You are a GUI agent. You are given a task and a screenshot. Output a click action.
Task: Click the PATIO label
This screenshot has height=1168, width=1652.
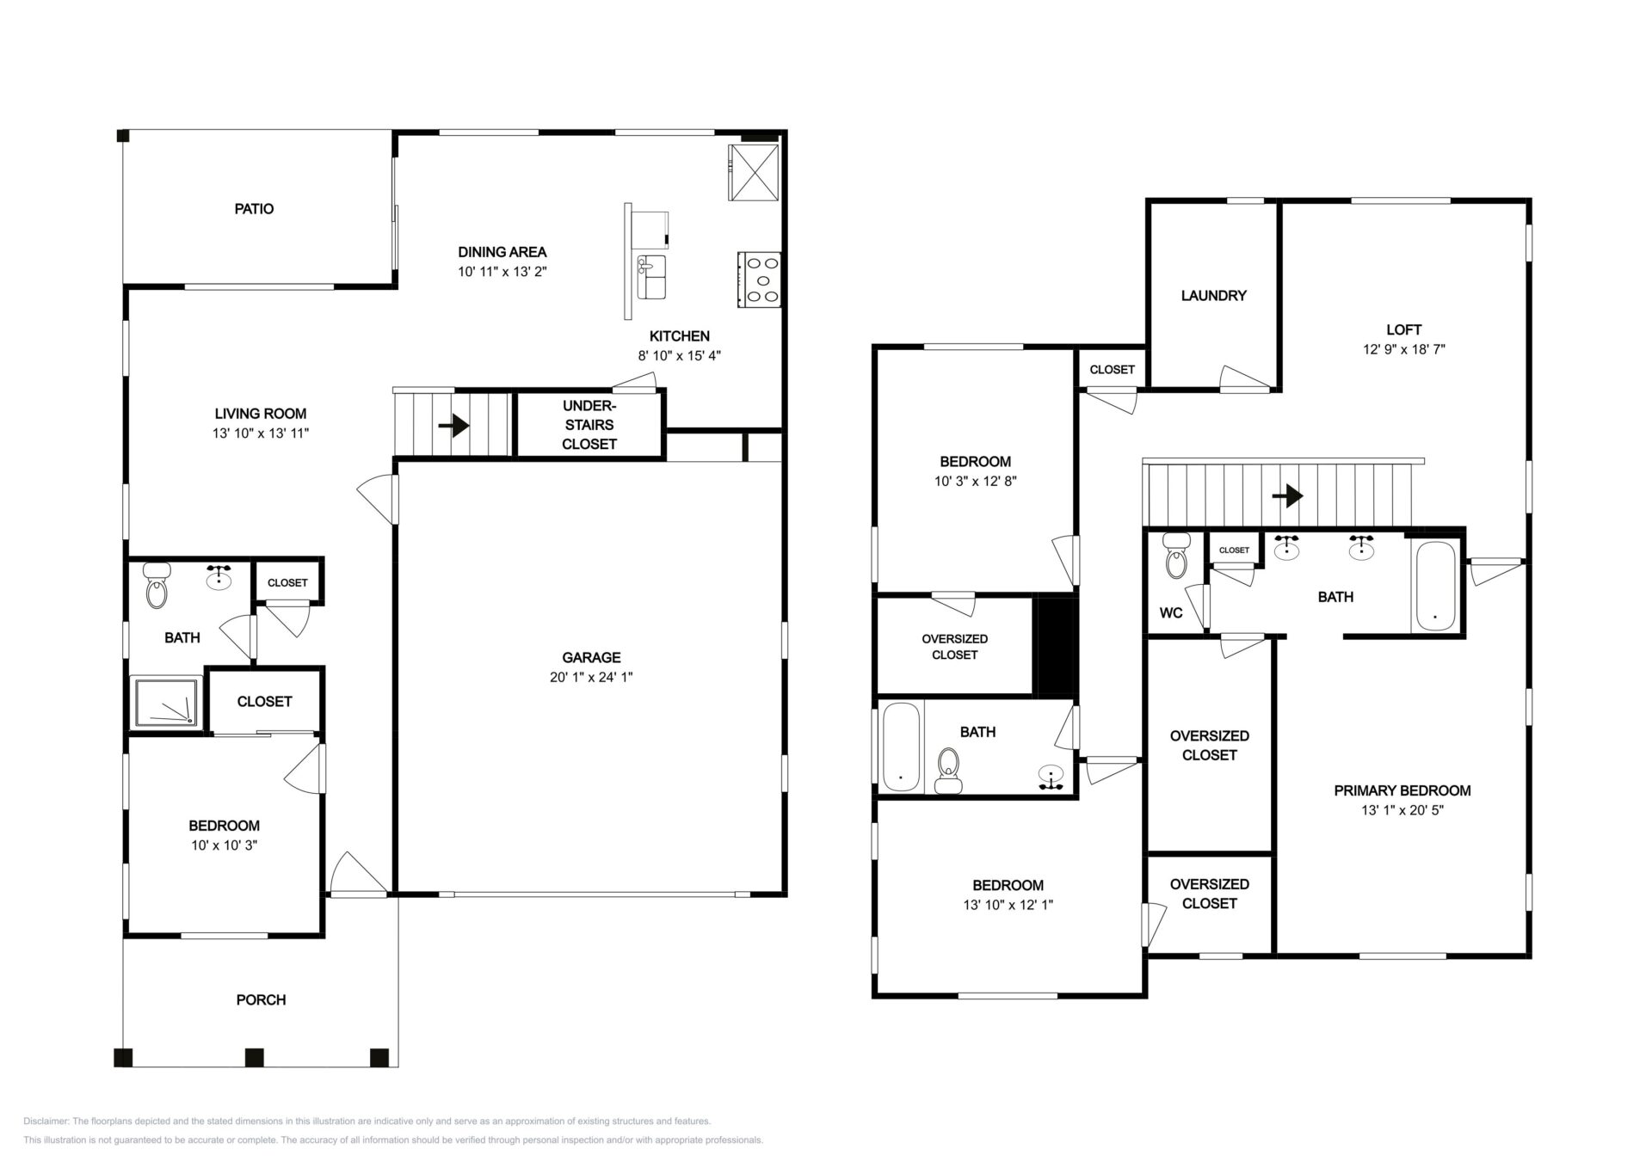254,209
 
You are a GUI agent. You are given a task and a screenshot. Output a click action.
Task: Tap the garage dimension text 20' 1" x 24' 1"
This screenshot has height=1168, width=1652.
591,677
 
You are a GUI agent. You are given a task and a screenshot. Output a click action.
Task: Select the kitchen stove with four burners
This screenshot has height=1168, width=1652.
759,280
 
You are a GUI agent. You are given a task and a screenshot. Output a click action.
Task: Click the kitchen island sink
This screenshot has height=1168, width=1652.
651,277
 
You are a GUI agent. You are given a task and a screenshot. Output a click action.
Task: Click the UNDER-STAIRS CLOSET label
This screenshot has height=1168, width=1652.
589,425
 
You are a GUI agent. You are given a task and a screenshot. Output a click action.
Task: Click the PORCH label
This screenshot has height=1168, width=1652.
261,999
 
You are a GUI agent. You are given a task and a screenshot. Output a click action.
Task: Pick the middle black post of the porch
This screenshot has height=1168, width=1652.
253,1057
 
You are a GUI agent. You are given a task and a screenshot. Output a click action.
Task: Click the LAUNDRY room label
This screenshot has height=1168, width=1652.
1213,296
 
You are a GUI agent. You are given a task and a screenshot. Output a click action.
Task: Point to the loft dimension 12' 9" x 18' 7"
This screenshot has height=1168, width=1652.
1403,349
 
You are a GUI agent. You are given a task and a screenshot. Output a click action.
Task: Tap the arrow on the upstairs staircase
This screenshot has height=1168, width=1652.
1287,495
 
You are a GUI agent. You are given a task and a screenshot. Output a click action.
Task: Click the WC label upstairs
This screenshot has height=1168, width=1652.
1171,613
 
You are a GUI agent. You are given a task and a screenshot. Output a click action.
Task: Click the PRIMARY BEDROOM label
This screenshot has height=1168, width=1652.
1402,790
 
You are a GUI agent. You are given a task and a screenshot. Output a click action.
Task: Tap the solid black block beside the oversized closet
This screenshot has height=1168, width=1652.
1056,645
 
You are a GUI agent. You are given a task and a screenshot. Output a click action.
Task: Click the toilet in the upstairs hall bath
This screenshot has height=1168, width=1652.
948,770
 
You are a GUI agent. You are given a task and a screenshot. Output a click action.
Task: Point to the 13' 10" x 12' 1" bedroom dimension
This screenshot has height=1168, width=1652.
1008,905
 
